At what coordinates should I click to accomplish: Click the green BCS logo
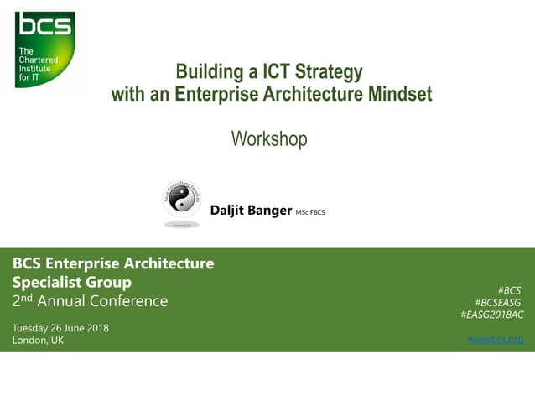[44, 49]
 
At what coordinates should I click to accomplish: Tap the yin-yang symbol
[181, 200]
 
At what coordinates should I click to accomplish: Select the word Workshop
[269, 138]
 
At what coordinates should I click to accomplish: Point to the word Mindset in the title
[399, 94]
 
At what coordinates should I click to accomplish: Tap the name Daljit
[229, 211]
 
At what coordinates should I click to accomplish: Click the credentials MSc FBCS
[309, 212]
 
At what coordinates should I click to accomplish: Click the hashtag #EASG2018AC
[492, 315]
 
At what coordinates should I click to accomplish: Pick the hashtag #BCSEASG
[498, 302]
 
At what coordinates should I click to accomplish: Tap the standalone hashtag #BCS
[509, 290]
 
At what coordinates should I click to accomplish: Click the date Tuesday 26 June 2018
[60, 327]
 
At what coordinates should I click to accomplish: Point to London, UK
[38, 340]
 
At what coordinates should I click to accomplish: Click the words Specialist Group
[71, 282]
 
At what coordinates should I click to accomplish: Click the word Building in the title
[207, 70]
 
